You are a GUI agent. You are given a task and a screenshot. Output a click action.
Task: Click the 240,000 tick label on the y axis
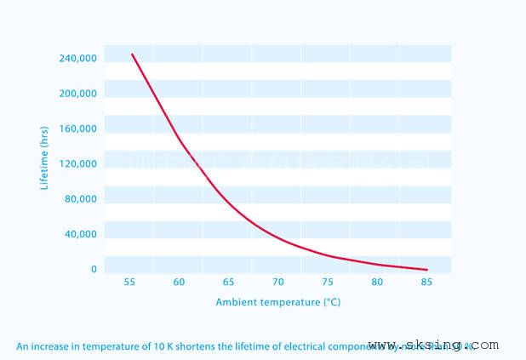tap(77, 59)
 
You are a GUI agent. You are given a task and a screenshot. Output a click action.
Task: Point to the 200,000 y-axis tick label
tap(77, 94)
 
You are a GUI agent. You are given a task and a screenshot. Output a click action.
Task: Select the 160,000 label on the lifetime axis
tap(77, 129)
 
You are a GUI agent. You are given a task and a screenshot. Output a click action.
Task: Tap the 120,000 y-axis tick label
tap(77, 164)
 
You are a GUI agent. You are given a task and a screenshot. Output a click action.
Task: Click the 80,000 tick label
tap(80, 199)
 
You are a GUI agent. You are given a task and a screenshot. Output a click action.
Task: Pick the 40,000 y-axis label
tap(80, 234)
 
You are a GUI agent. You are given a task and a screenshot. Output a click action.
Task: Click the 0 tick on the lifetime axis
tap(94, 270)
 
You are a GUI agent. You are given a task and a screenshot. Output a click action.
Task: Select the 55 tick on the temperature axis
tap(129, 282)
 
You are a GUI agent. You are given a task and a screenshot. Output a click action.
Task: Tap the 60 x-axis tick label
tap(179, 282)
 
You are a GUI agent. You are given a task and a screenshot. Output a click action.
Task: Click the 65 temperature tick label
tap(228, 282)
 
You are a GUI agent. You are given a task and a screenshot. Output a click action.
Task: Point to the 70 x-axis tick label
tap(277, 282)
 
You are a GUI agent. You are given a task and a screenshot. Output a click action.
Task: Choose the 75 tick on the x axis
tap(328, 282)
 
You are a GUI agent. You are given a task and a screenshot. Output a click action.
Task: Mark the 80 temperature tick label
tap(377, 282)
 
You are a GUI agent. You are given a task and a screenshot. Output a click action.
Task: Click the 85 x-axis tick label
tap(426, 282)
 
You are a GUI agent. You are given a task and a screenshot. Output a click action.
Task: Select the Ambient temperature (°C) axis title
tap(277, 302)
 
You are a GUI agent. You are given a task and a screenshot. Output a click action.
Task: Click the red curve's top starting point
tap(132, 54)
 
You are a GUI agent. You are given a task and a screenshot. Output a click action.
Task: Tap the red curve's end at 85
tap(426, 270)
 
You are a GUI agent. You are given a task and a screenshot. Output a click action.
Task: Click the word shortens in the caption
tap(193, 346)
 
